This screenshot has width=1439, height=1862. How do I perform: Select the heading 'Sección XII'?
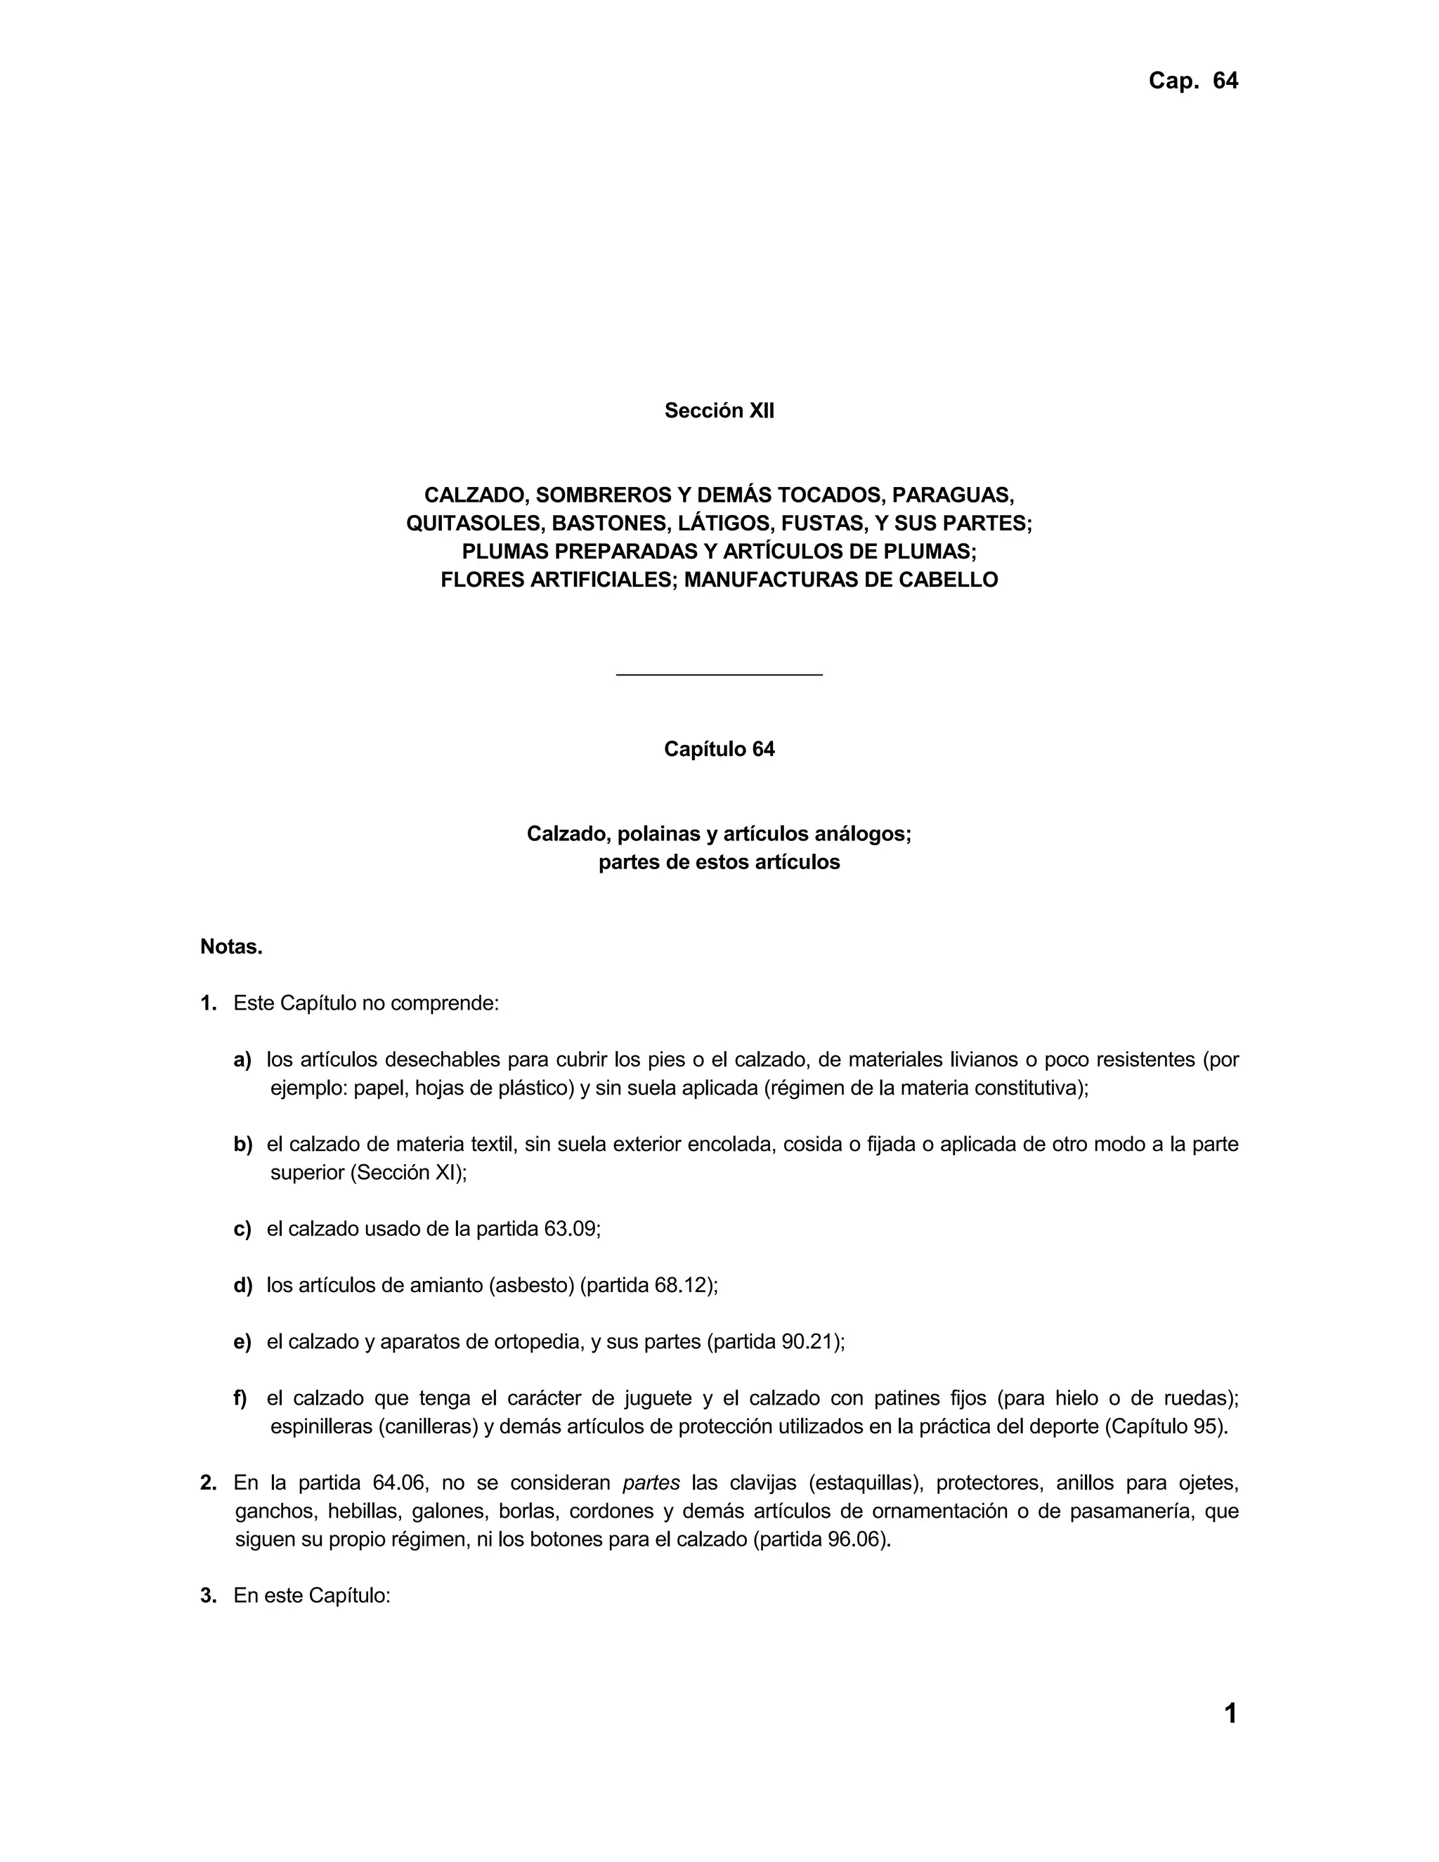pos(719,411)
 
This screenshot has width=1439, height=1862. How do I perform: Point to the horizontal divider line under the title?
pos(719,675)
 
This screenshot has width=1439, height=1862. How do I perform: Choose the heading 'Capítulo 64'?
pos(719,750)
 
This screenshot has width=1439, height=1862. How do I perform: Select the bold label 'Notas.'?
pos(231,946)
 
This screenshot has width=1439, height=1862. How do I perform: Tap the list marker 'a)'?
pos(243,1060)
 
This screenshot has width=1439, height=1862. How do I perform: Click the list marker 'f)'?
pos(240,1398)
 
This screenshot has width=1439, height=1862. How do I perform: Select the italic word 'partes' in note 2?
pos(651,1483)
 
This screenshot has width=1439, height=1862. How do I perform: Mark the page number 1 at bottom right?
pos(1230,1714)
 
